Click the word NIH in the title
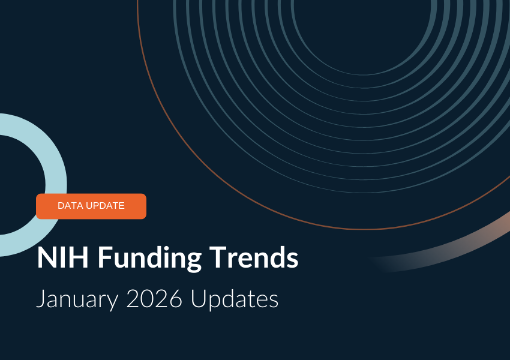click(x=63, y=257)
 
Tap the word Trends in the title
click(x=254, y=257)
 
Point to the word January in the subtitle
click(x=77, y=299)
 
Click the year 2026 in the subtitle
click(x=154, y=298)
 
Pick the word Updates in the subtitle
click(x=235, y=299)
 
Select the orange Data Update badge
click(x=91, y=206)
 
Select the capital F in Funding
click(x=106, y=257)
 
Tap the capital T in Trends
click(x=218, y=257)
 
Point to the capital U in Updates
click(x=199, y=299)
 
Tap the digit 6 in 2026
click(x=176, y=298)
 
